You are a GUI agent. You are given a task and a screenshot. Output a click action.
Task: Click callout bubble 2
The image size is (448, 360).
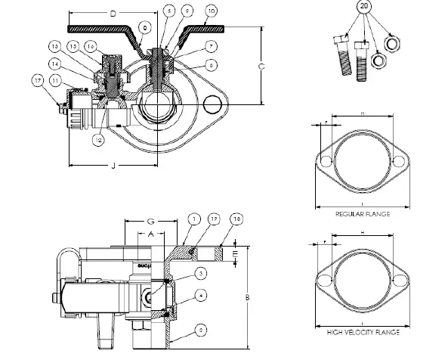tap(202, 331)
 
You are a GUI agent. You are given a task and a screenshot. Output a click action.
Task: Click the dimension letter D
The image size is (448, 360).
tap(113, 14)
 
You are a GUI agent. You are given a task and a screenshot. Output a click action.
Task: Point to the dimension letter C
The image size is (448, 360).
tap(261, 67)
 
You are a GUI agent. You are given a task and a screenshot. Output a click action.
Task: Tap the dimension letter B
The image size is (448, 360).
tap(248, 297)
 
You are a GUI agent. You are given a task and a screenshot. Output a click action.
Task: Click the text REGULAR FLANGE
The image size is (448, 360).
tap(362, 215)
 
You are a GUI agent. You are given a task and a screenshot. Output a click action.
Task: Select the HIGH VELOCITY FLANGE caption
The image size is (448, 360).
tap(362, 332)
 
